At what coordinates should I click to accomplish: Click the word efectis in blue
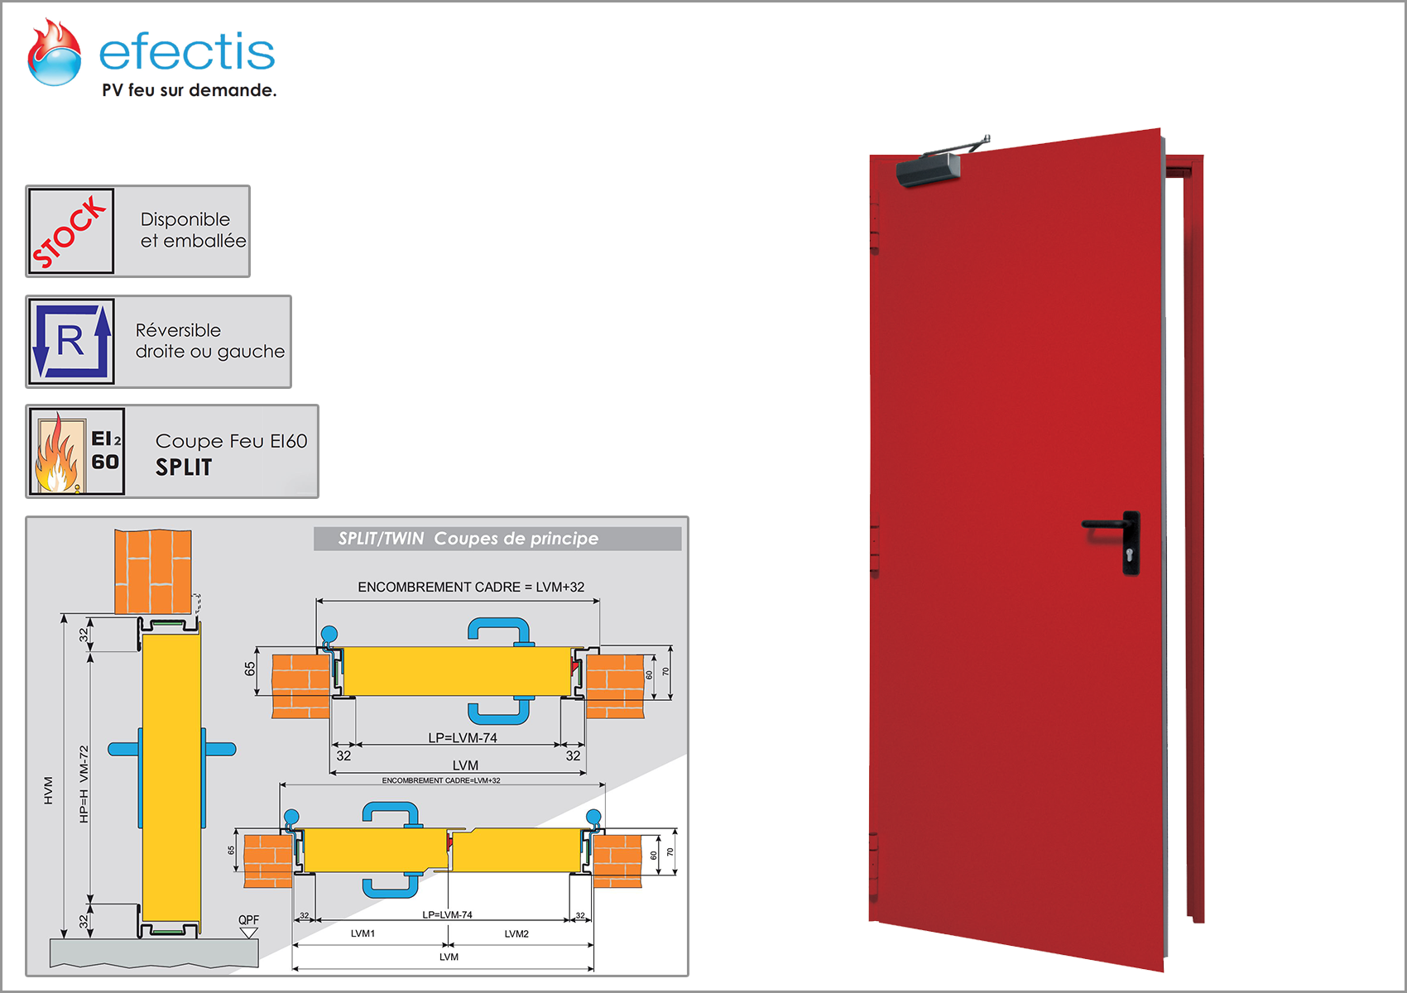point(187,53)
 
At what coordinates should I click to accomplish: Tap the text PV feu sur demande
point(189,90)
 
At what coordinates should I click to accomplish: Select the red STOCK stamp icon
point(71,231)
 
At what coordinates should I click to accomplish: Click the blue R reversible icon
point(71,341)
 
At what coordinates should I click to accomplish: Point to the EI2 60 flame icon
point(77,452)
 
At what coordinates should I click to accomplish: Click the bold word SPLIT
point(184,468)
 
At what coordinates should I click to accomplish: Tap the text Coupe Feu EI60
point(231,441)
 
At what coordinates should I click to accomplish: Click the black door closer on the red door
point(929,170)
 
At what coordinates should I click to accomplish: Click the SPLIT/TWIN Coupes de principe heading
point(468,539)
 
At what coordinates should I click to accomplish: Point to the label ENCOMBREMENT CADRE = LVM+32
point(471,587)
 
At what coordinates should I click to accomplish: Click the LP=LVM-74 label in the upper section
point(463,737)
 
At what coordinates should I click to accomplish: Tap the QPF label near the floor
point(248,920)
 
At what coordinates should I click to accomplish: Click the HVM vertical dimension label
point(49,790)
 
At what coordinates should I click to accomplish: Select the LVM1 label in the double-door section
point(363,933)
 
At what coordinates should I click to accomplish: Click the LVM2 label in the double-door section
point(516,933)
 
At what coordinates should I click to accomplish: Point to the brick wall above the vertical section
point(153,572)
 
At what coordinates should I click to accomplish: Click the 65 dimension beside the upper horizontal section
point(250,669)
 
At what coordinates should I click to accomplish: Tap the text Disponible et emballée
point(193,230)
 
